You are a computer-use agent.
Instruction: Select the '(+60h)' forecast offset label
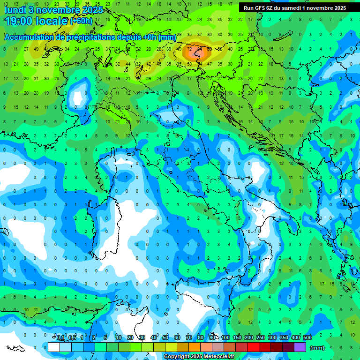(x=82, y=21)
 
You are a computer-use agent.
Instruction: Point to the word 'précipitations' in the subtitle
(x=92, y=37)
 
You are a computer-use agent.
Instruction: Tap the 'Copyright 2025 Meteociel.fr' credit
(x=199, y=357)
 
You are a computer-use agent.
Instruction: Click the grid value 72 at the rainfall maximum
(x=190, y=48)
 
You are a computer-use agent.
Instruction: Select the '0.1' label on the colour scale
(x=60, y=337)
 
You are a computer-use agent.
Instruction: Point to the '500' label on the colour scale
(x=307, y=337)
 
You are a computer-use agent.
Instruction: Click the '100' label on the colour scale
(x=225, y=337)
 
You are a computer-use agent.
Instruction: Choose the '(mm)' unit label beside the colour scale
(x=317, y=348)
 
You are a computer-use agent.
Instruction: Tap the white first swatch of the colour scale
(x=54, y=347)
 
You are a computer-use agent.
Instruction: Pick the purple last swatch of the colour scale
(x=300, y=347)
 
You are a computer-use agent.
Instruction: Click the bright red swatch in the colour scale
(x=253, y=347)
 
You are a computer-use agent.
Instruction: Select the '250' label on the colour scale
(x=261, y=337)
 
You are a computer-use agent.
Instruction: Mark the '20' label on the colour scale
(x=130, y=337)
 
